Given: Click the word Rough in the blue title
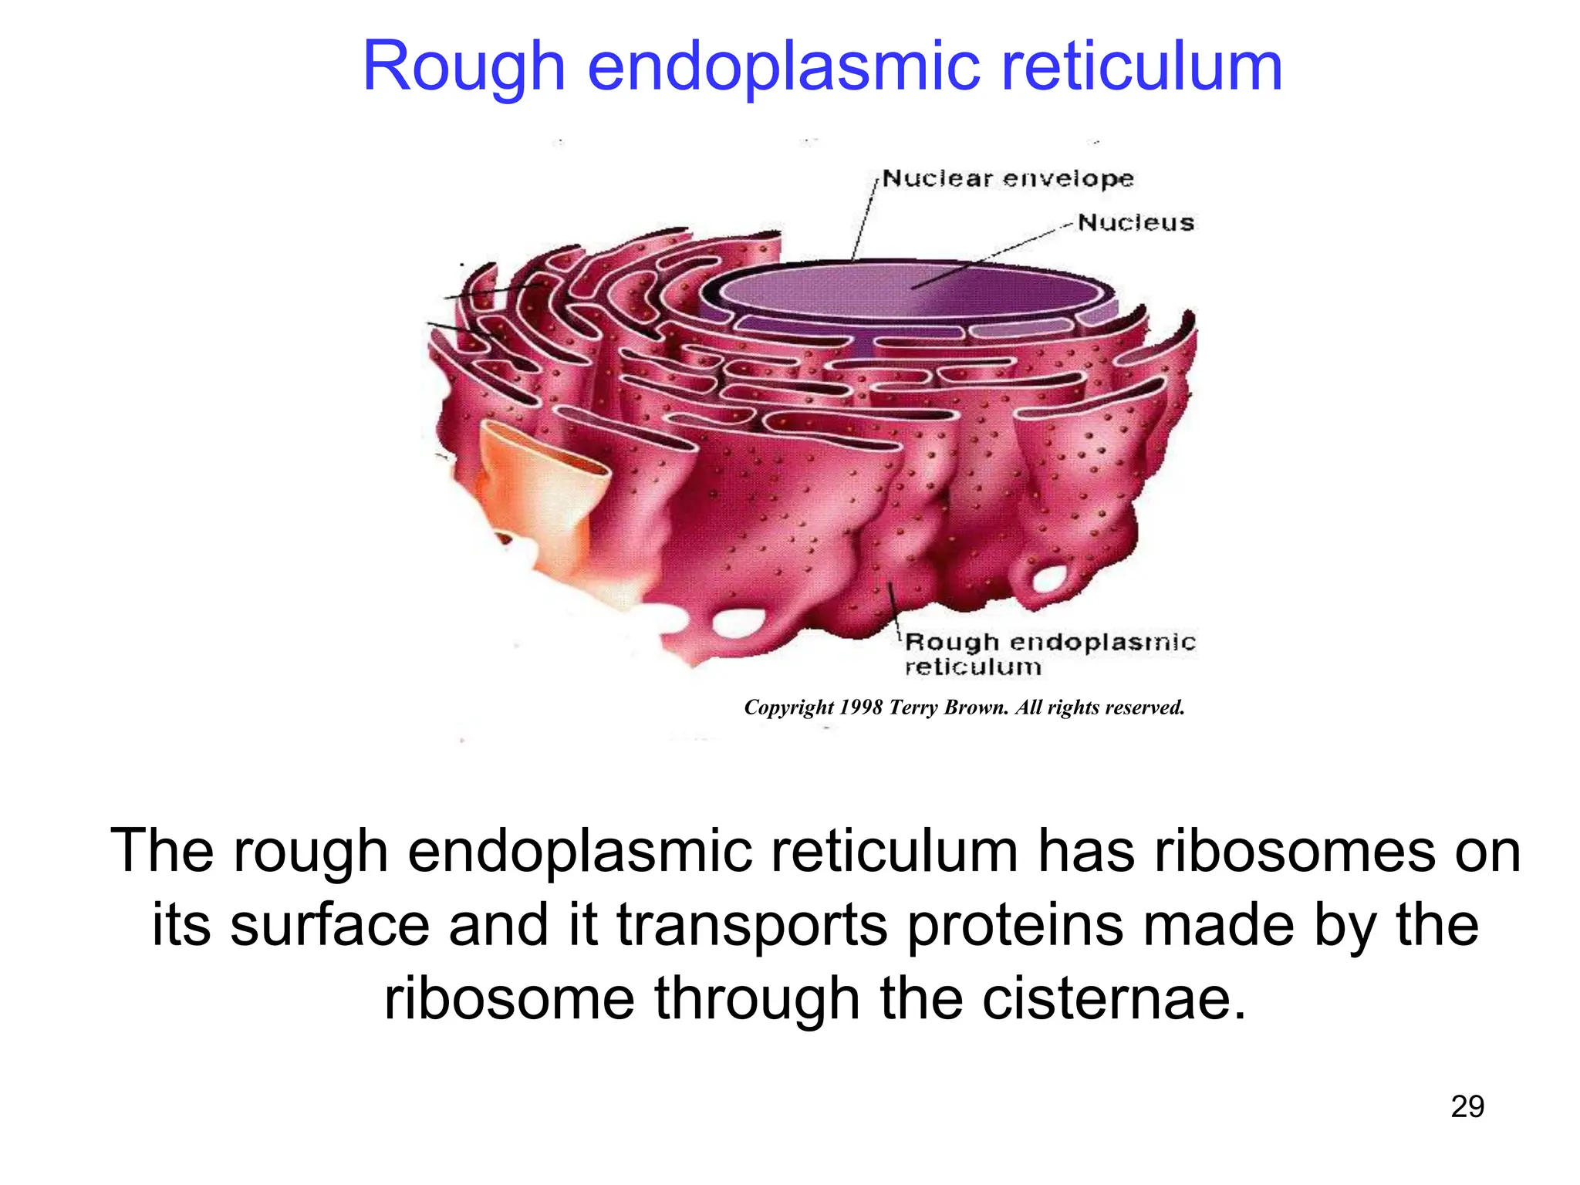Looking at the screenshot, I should (x=464, y=68).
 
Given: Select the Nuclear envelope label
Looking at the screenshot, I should (x=1008, y=179).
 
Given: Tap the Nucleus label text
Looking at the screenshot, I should (x=1136, y=223).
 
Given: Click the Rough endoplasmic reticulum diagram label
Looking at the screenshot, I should (x=1048, y=653).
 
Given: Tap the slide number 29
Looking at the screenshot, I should (x=1467, y=1107).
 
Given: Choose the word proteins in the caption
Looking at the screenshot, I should (x=1015, y=925).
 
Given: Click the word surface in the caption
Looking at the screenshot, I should (x=329, y=925).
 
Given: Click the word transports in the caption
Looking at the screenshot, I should (x=753, y=925).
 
